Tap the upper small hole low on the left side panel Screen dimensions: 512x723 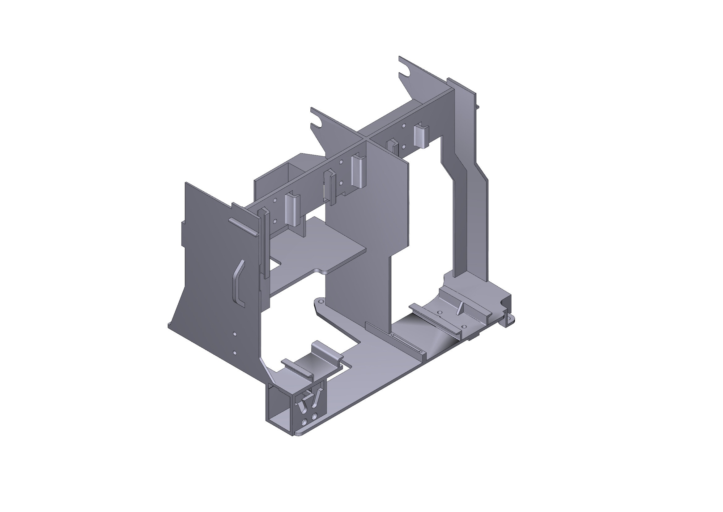(234, 334)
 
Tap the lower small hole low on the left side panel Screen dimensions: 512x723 (234, 353)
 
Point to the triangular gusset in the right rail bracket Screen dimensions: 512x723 (460, 309)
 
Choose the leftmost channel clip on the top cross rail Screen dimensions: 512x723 (292, 209)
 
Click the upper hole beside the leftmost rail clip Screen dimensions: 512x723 (274, 200)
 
